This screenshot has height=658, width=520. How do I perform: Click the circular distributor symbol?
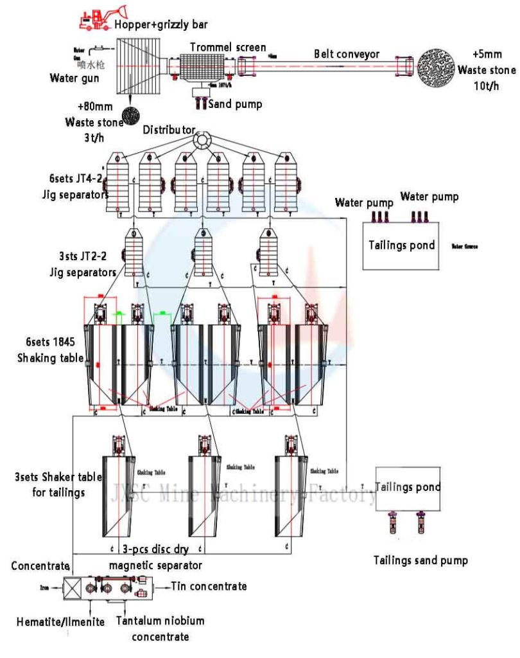coord(204,139)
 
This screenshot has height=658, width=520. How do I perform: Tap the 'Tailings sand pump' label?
coord(420,560)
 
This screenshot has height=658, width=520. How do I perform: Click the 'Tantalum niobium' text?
coord(160,621)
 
